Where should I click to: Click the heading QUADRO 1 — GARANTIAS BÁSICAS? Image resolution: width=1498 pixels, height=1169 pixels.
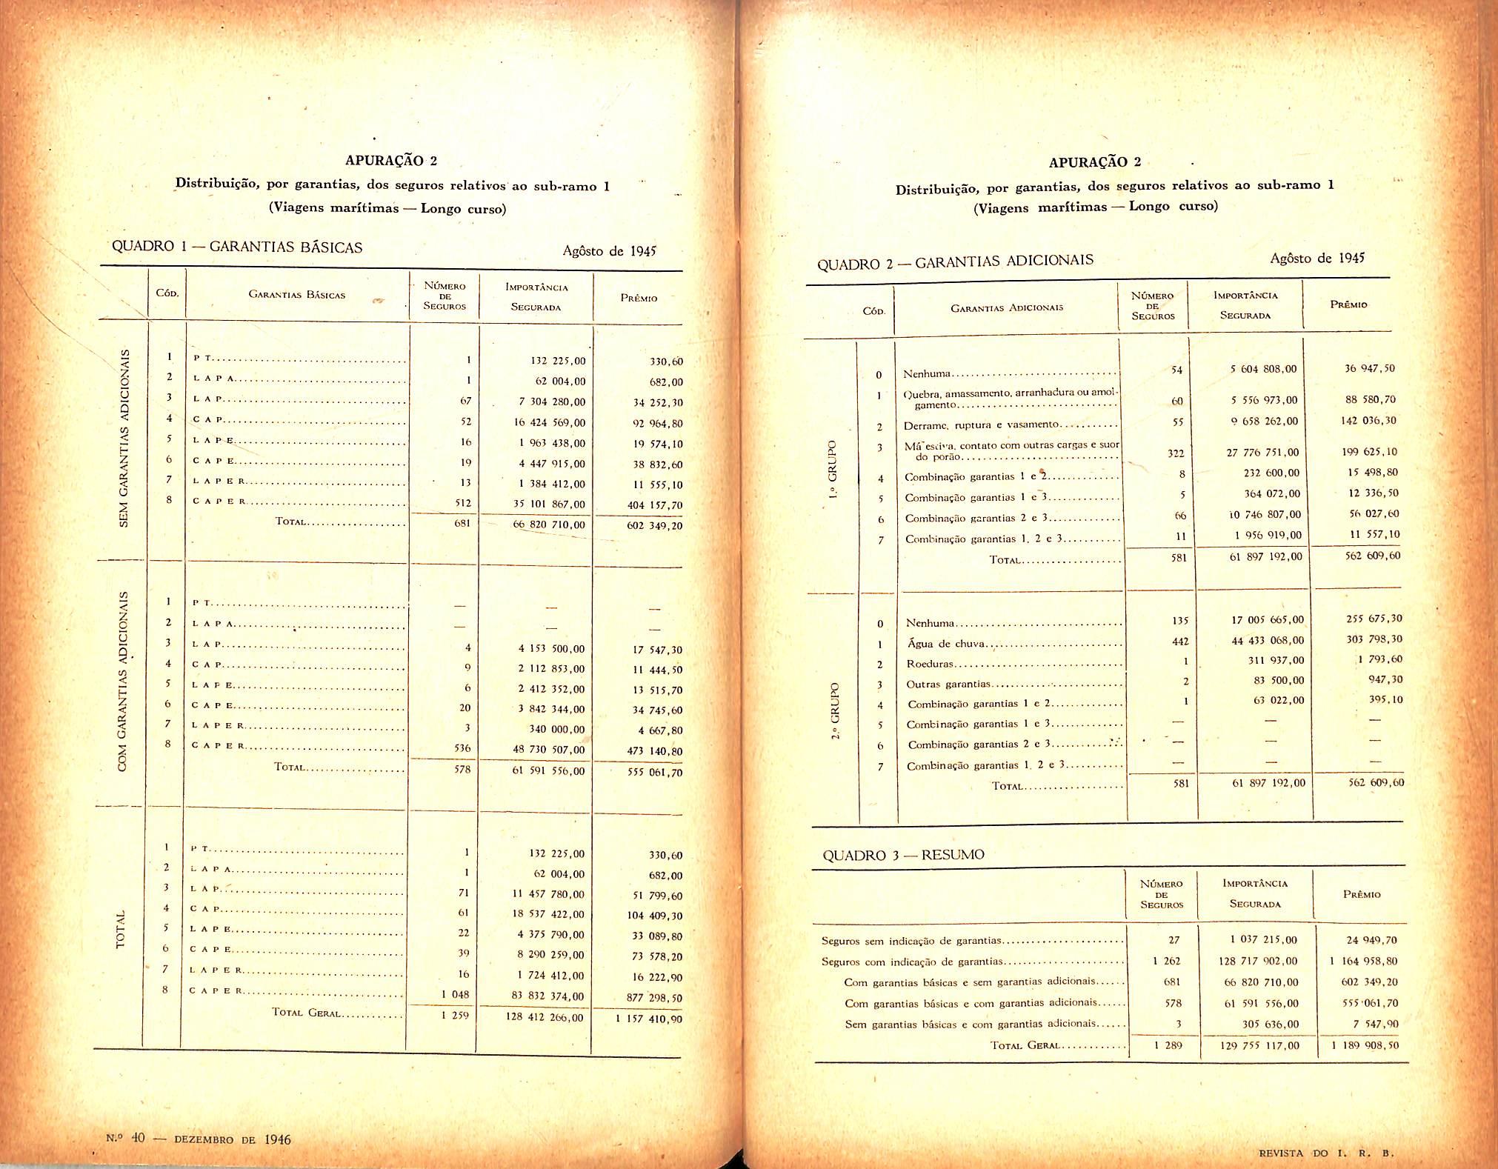237,247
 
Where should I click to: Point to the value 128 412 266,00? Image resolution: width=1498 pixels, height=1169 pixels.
545,1017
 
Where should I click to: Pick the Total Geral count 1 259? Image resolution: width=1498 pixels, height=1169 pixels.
455,1015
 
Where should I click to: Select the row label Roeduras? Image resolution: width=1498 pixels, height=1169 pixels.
930,664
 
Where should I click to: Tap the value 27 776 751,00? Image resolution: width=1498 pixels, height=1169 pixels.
1262,453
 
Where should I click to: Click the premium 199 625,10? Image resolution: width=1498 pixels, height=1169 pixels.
1369,452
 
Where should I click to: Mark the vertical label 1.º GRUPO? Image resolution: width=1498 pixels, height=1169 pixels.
833,470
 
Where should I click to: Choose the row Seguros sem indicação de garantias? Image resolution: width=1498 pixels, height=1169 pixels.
911,941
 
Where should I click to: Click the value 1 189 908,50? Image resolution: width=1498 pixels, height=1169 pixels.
1365,1045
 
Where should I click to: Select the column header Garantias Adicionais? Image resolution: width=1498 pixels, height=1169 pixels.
1006,307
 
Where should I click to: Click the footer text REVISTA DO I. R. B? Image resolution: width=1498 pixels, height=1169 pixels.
1326,1153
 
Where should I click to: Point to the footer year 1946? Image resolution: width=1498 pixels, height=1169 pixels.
277,1139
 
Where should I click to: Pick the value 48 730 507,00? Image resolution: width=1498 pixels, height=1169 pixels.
548,750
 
